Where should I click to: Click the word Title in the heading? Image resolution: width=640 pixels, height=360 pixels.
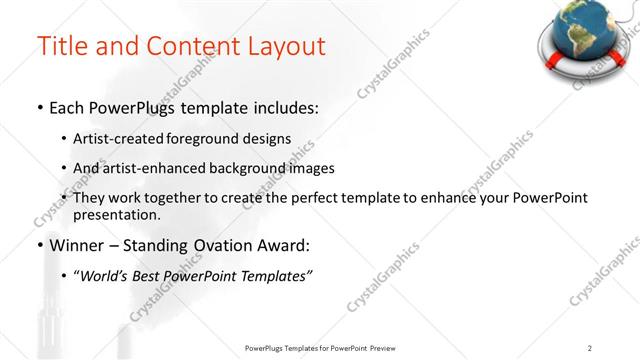point(63,46)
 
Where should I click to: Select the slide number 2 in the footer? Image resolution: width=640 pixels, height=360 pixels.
point(590,348)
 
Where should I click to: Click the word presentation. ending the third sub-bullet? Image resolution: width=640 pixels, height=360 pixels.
point(116,214)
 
